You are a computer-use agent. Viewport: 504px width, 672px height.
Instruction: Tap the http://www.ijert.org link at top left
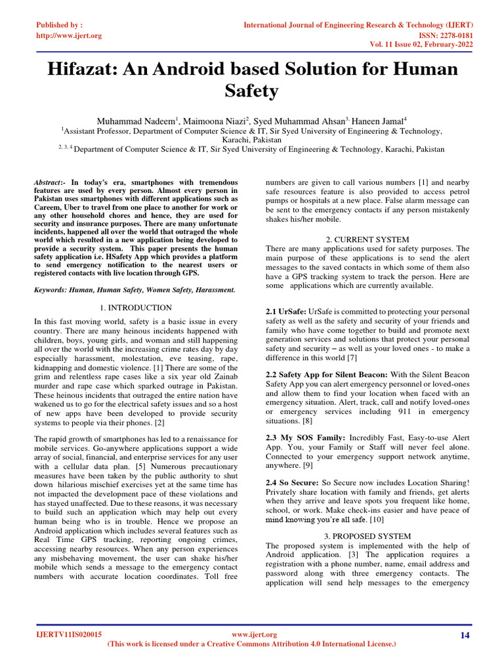(68, 35)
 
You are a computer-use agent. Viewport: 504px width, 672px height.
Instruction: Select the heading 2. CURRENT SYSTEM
(367, 240)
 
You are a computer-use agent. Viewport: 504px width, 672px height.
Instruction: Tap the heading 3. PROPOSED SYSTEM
(367, 536)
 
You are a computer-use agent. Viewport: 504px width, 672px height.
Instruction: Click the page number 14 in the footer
(465, 635)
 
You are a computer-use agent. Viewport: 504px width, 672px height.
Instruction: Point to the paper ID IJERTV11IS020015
(69, 635)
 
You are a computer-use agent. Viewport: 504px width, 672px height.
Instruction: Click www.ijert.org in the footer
(255, 635)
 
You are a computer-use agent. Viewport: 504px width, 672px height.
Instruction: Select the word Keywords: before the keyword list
(52, 289)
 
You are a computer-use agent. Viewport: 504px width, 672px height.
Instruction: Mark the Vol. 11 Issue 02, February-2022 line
(421, 45)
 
